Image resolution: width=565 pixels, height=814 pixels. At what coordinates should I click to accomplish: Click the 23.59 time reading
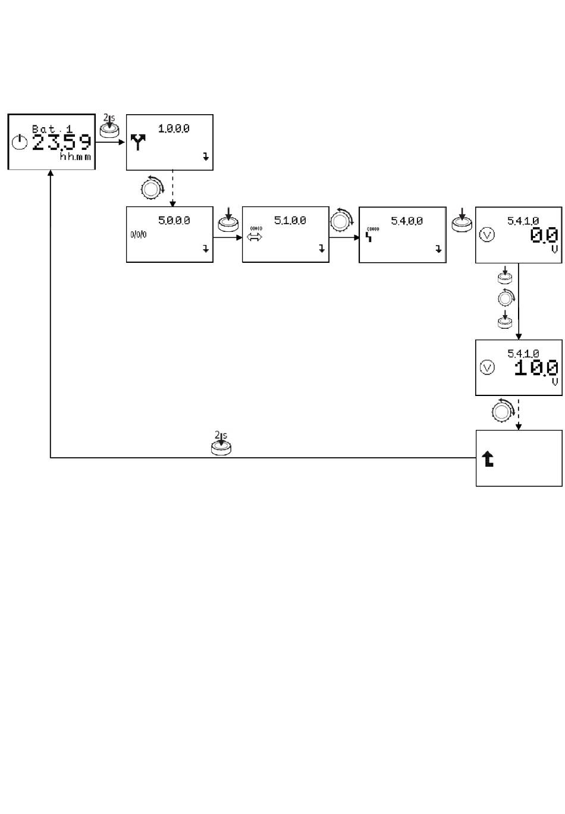click(x=62, y=143)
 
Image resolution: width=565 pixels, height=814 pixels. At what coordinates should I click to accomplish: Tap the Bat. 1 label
click(x=52, y=128)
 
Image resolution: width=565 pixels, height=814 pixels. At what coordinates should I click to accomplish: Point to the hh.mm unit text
click(x=75, y=158)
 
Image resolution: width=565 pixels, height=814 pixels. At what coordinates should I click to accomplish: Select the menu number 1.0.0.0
click(x=174, y=128)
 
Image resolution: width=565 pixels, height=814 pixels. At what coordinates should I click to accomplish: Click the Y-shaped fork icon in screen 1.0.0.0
click(x=138, y=143)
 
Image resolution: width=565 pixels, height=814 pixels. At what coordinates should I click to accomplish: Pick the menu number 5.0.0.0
click(x=174, y=221)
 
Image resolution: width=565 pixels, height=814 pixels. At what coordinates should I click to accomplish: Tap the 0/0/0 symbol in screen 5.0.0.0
click(x=138, y=234)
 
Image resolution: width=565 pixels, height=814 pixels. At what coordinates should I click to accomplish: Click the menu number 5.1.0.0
click(x=290, y=221)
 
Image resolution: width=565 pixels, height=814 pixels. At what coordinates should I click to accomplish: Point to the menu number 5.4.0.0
click(x=406, y=221)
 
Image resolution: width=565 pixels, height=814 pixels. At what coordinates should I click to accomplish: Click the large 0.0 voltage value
click(x=544, y=235)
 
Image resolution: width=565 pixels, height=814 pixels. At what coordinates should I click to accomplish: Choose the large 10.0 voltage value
click(x=536, y=368)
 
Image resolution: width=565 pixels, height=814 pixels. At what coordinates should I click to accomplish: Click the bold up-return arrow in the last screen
click(x=488, y=458)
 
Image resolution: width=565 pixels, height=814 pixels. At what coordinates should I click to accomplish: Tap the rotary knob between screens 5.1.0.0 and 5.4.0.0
click(x=341, y=219)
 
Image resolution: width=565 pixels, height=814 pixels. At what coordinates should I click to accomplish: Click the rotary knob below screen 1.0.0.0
click(x=151, y=187)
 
